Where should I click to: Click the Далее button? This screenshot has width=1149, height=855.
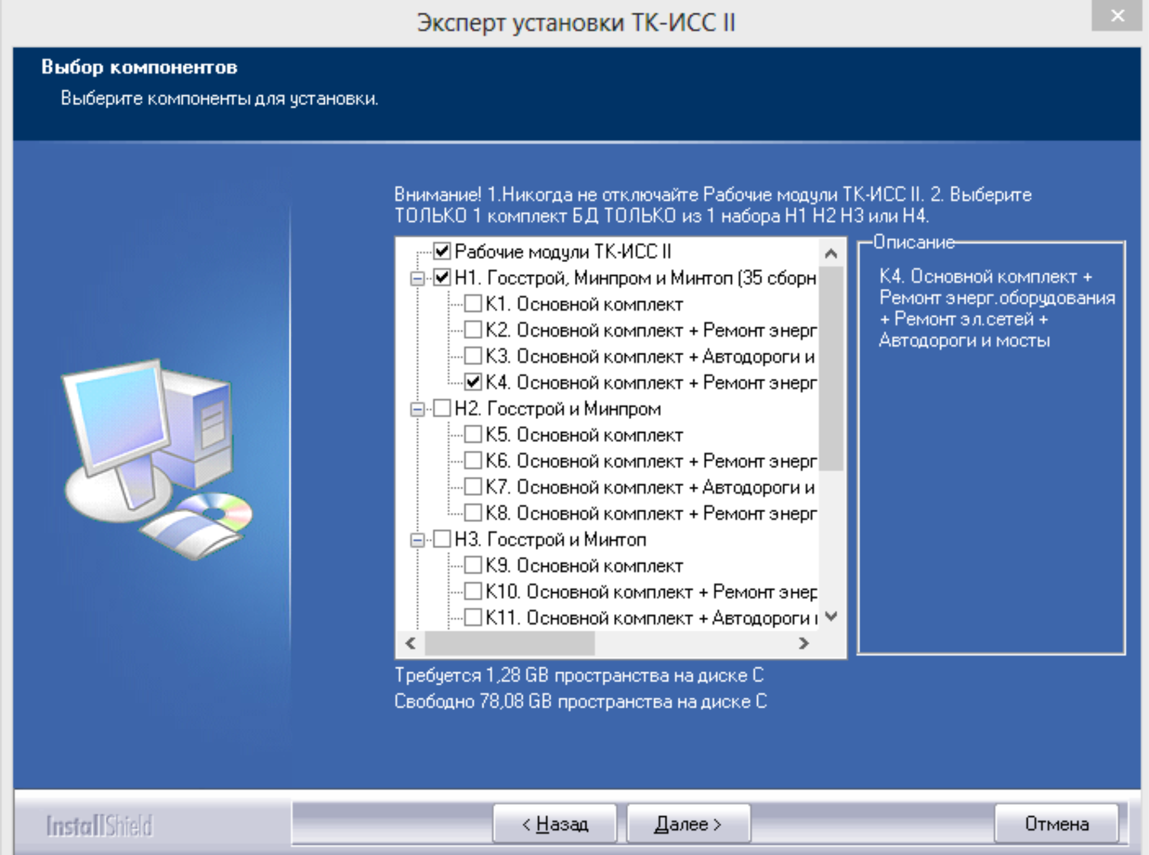pos(688,824)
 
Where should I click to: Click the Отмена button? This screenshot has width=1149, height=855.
pos(1056,824)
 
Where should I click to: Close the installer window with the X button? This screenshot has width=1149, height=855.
pos(1117,16)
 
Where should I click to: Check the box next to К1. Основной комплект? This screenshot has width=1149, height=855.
pos(473,303)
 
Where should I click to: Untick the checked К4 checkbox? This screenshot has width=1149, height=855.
pos(473,382)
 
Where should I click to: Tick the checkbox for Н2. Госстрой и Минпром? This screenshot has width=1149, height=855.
pos(442,408)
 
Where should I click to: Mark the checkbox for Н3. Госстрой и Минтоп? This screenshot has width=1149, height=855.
pos(442,539)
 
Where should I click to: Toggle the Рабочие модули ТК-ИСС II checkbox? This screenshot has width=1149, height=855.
pos(442,251)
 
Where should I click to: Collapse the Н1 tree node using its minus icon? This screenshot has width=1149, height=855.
pos(417,278)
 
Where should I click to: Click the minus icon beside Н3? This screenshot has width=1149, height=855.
pos(417,539)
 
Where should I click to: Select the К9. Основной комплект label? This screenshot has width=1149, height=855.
pos(584,566)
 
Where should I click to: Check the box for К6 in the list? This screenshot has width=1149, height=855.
pos(473,460)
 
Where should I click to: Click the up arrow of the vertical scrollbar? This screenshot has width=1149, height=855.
pos(831,254)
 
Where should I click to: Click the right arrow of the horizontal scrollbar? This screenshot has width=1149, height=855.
pos(804,643)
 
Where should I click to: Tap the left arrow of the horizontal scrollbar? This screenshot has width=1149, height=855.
pos(411,643)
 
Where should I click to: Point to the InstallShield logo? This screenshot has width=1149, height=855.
pos(99,826)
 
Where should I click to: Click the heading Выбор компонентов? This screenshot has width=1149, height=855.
pos(139,67)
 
